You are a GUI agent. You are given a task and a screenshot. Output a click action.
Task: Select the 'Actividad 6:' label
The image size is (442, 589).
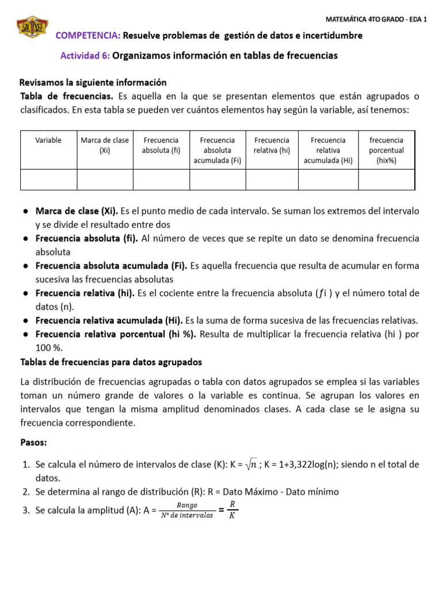pos(85,56)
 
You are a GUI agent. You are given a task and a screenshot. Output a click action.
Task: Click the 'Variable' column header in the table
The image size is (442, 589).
pos(48,140)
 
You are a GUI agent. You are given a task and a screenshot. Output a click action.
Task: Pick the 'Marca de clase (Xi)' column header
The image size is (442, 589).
pos(105,146)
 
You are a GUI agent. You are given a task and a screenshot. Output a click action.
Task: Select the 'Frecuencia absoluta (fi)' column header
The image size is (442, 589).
pos(161,146)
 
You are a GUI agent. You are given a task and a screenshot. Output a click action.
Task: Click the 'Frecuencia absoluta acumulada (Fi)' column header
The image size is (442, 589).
pos(217,150)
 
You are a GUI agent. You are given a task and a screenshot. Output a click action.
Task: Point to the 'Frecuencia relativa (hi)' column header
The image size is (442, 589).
pos(272,146)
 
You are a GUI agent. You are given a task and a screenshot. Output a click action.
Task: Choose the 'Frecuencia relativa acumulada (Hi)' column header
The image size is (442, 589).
pos(328,150)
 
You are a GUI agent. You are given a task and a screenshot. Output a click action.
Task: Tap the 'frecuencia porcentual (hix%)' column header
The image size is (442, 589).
pos(386,150)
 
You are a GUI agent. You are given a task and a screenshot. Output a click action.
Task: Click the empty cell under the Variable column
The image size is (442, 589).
pos(48,179)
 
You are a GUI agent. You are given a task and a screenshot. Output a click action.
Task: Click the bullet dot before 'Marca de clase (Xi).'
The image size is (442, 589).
pos(26,211)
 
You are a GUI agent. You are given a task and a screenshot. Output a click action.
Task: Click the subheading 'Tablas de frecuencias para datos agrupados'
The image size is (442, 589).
pos(110,362)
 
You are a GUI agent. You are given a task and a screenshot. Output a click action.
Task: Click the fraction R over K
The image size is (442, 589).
pos(232,510)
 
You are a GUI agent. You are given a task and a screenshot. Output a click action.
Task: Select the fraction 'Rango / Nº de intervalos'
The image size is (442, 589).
pos(188,510)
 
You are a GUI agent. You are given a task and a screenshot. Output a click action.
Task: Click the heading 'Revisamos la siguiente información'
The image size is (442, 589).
pos(93,82)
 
